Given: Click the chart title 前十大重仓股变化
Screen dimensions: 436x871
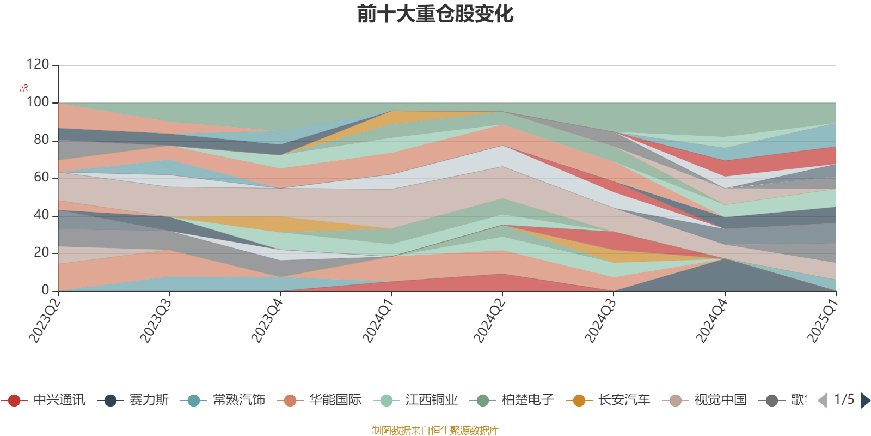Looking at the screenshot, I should (x=436, y=14).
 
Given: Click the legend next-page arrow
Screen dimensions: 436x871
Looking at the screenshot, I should (x=865, y=401).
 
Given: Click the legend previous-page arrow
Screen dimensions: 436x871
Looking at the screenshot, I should (x=823, y=401).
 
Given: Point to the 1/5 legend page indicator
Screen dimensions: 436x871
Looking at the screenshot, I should (x=844, y=400).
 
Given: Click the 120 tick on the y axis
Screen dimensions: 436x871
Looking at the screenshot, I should (x=38, y=65).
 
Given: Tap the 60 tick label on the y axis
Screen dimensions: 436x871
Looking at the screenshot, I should (x=41, y=178).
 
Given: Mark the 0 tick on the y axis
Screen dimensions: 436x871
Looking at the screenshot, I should (x=45, y=290).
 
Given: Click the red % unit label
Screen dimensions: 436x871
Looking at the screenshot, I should (x=23, y=88).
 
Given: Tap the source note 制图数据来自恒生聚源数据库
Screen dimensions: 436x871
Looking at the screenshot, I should (x=436, y=431).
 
